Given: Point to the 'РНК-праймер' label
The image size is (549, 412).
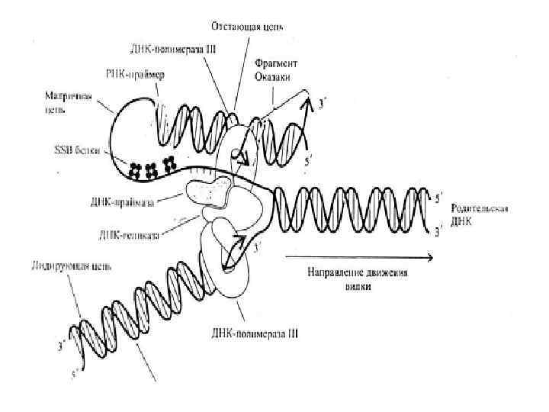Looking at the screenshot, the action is tap(138, 75).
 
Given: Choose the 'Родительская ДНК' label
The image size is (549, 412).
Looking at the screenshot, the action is tap(480, 214).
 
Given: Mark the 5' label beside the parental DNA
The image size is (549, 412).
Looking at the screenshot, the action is tap(438, 200).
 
